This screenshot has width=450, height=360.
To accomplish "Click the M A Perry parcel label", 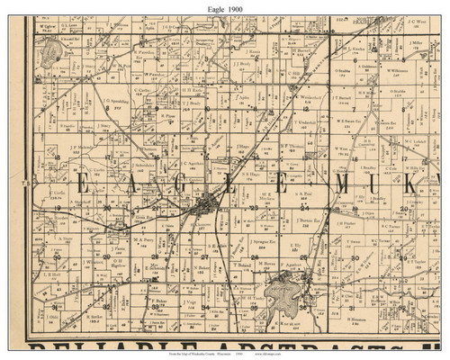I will [x=143, y=239].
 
